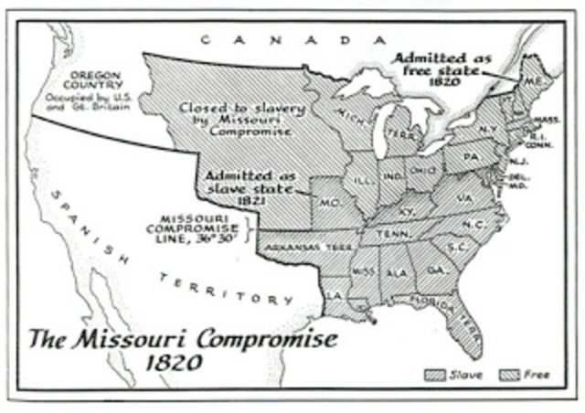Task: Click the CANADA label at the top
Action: click(288, 39)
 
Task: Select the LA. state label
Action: click(335, 295)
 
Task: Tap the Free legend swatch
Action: click(510, 375)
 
